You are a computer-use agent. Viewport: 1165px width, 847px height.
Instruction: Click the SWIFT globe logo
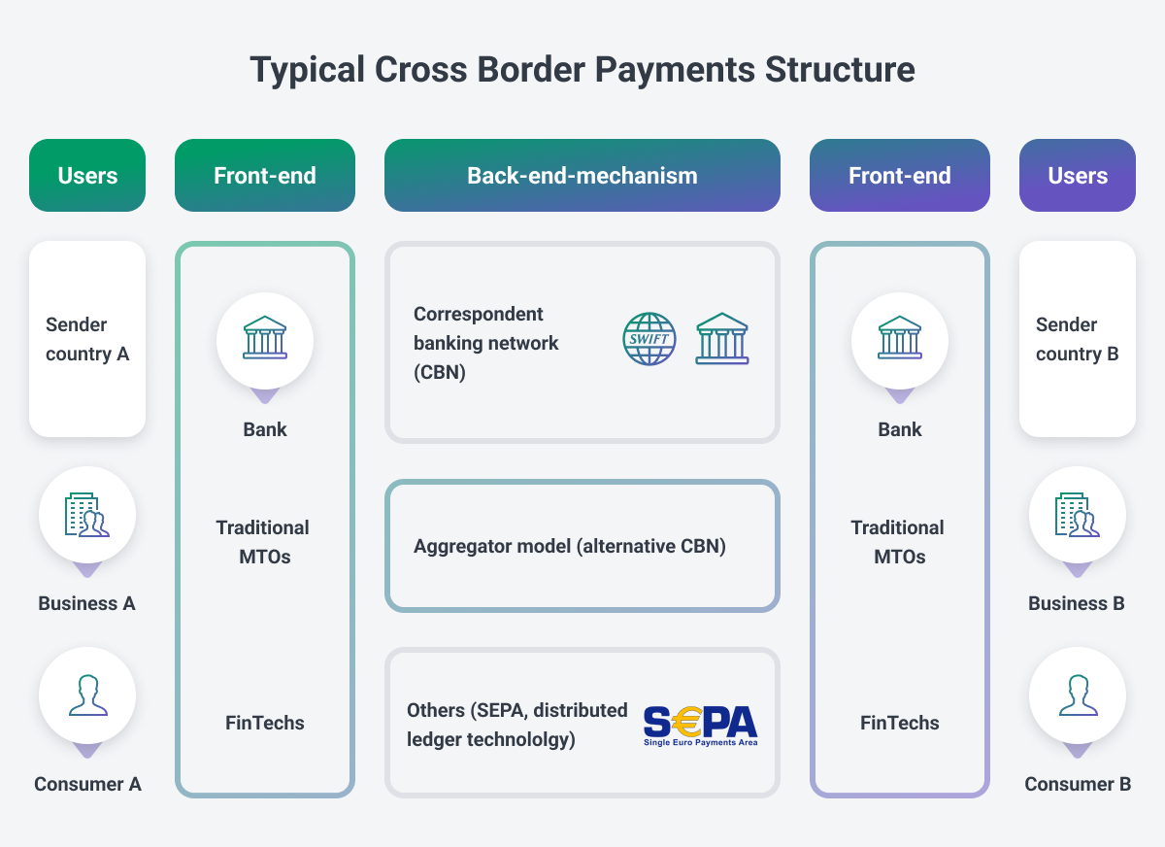pos(649,339)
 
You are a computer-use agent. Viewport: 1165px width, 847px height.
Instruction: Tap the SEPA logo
pos(700,725)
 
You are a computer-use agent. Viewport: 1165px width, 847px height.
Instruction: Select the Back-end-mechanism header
pos(582,176)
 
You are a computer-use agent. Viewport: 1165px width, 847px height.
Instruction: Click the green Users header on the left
pos(87,176)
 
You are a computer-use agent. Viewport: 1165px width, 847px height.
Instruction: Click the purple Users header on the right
pos(1078,176)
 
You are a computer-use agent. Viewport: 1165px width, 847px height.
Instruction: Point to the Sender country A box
pos(87,339)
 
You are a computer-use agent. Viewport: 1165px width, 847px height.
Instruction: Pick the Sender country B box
pos(1078,339)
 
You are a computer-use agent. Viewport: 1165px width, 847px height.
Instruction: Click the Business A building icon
pos(87,515)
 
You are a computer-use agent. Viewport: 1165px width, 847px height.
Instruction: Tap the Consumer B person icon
pos(1078,695)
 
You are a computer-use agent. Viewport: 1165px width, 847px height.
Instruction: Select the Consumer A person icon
pos(87,695)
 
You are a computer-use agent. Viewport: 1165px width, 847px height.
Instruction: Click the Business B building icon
pos(1078,515)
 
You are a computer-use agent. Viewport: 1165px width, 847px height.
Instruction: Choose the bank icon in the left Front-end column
pos(265,338)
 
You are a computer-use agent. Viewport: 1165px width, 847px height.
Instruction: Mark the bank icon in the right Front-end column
pos(900,338)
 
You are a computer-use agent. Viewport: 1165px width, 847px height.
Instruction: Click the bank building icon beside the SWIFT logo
pos(722,339)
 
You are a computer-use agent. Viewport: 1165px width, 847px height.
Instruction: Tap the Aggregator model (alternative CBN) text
pos(570,546)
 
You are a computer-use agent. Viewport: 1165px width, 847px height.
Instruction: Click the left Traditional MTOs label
pos(263,542)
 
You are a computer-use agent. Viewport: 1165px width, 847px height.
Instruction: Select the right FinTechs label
pos(900,723)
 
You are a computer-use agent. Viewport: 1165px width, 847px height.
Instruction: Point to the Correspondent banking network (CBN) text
pos(486,343)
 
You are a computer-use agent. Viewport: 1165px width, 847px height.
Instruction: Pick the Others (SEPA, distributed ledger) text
pos(517,725)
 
